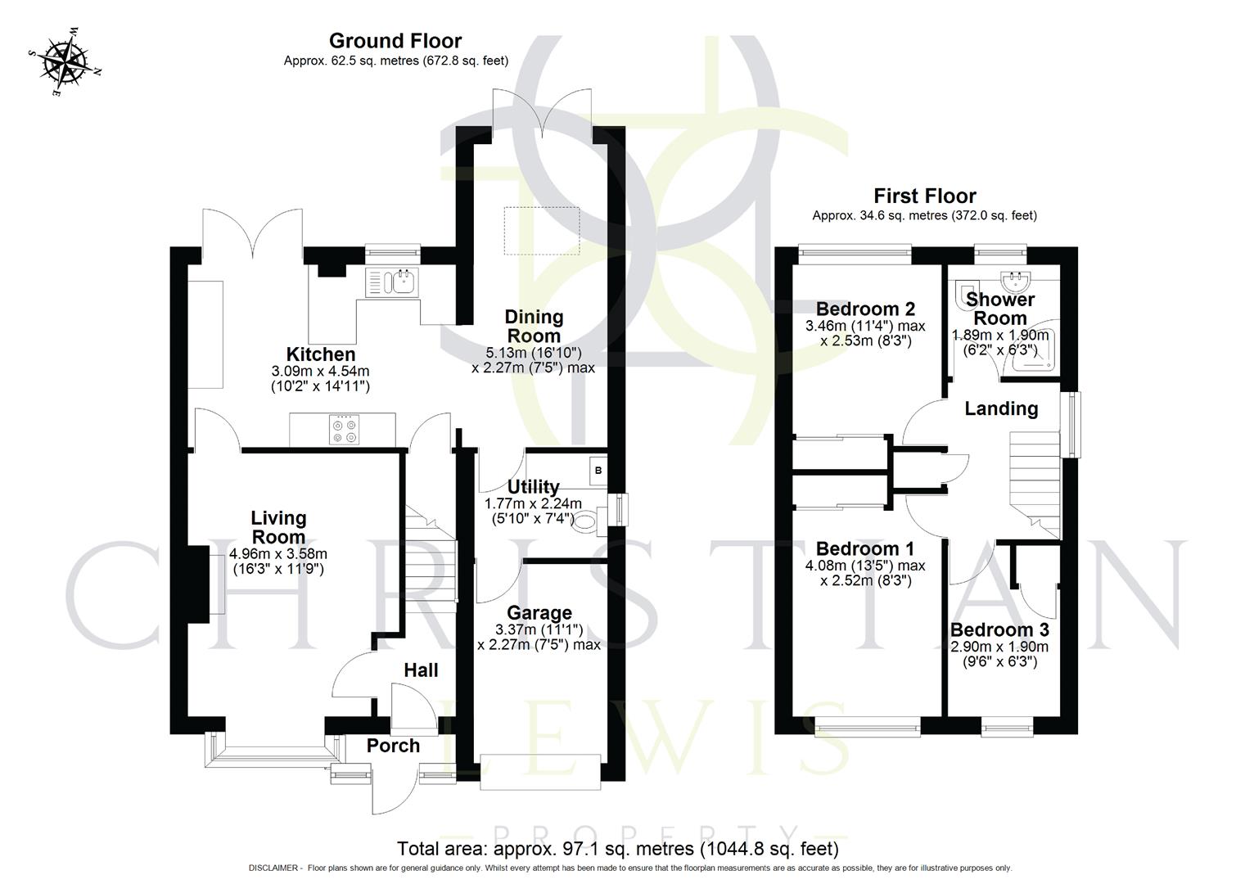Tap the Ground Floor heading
395,41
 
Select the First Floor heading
924,196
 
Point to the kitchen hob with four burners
344,430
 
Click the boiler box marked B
598,471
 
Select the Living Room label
278,527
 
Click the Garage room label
539,613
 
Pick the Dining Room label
534,326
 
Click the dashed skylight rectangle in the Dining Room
542,230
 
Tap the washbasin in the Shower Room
1018,282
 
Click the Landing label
1000,408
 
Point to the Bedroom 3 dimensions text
999,654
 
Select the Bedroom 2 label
865,309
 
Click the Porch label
393,746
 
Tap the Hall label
421,670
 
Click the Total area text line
617,848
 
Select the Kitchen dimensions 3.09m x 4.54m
320,378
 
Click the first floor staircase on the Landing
1034,483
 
